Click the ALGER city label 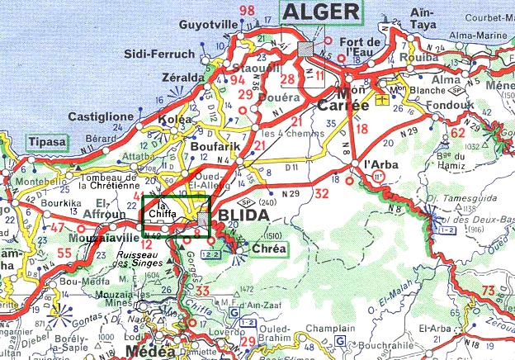(x=322, y=12)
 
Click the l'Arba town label (x=381, y=163)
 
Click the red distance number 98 (x=247, y=11)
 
